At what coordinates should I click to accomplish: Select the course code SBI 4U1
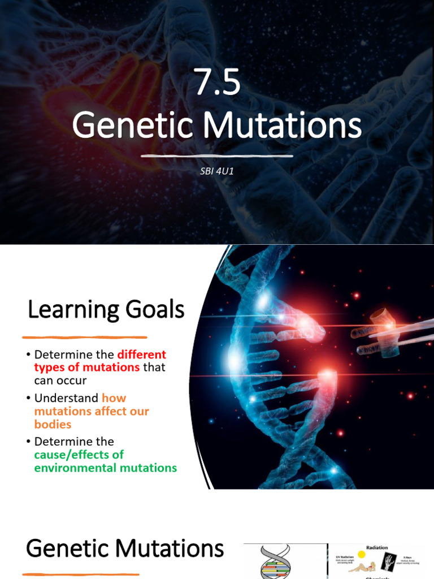click(x=217, y=171)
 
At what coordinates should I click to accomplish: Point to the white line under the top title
click(x=217, y=155)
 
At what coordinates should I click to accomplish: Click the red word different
click(x=141, y=355)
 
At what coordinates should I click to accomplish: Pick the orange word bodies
click(x=53, y=424)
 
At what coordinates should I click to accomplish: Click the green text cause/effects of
click(x=79, y=455)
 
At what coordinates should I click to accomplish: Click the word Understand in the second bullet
click(x=66, y=398)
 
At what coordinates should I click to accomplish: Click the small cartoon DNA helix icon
click(x=275, y=563)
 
